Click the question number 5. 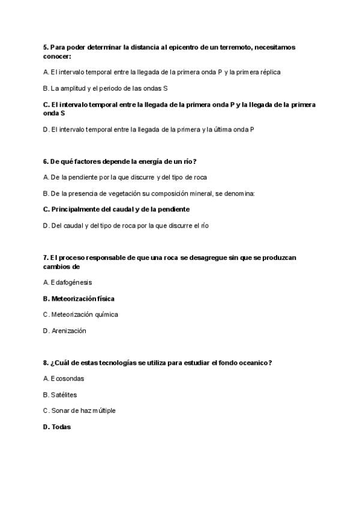click(46, 47)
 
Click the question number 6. click(46, 161)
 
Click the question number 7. click(46, 258)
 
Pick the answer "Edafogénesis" click(71, 282)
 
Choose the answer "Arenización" click(68, 331)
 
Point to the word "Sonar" click(60, 411)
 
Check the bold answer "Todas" click(61, 427)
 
